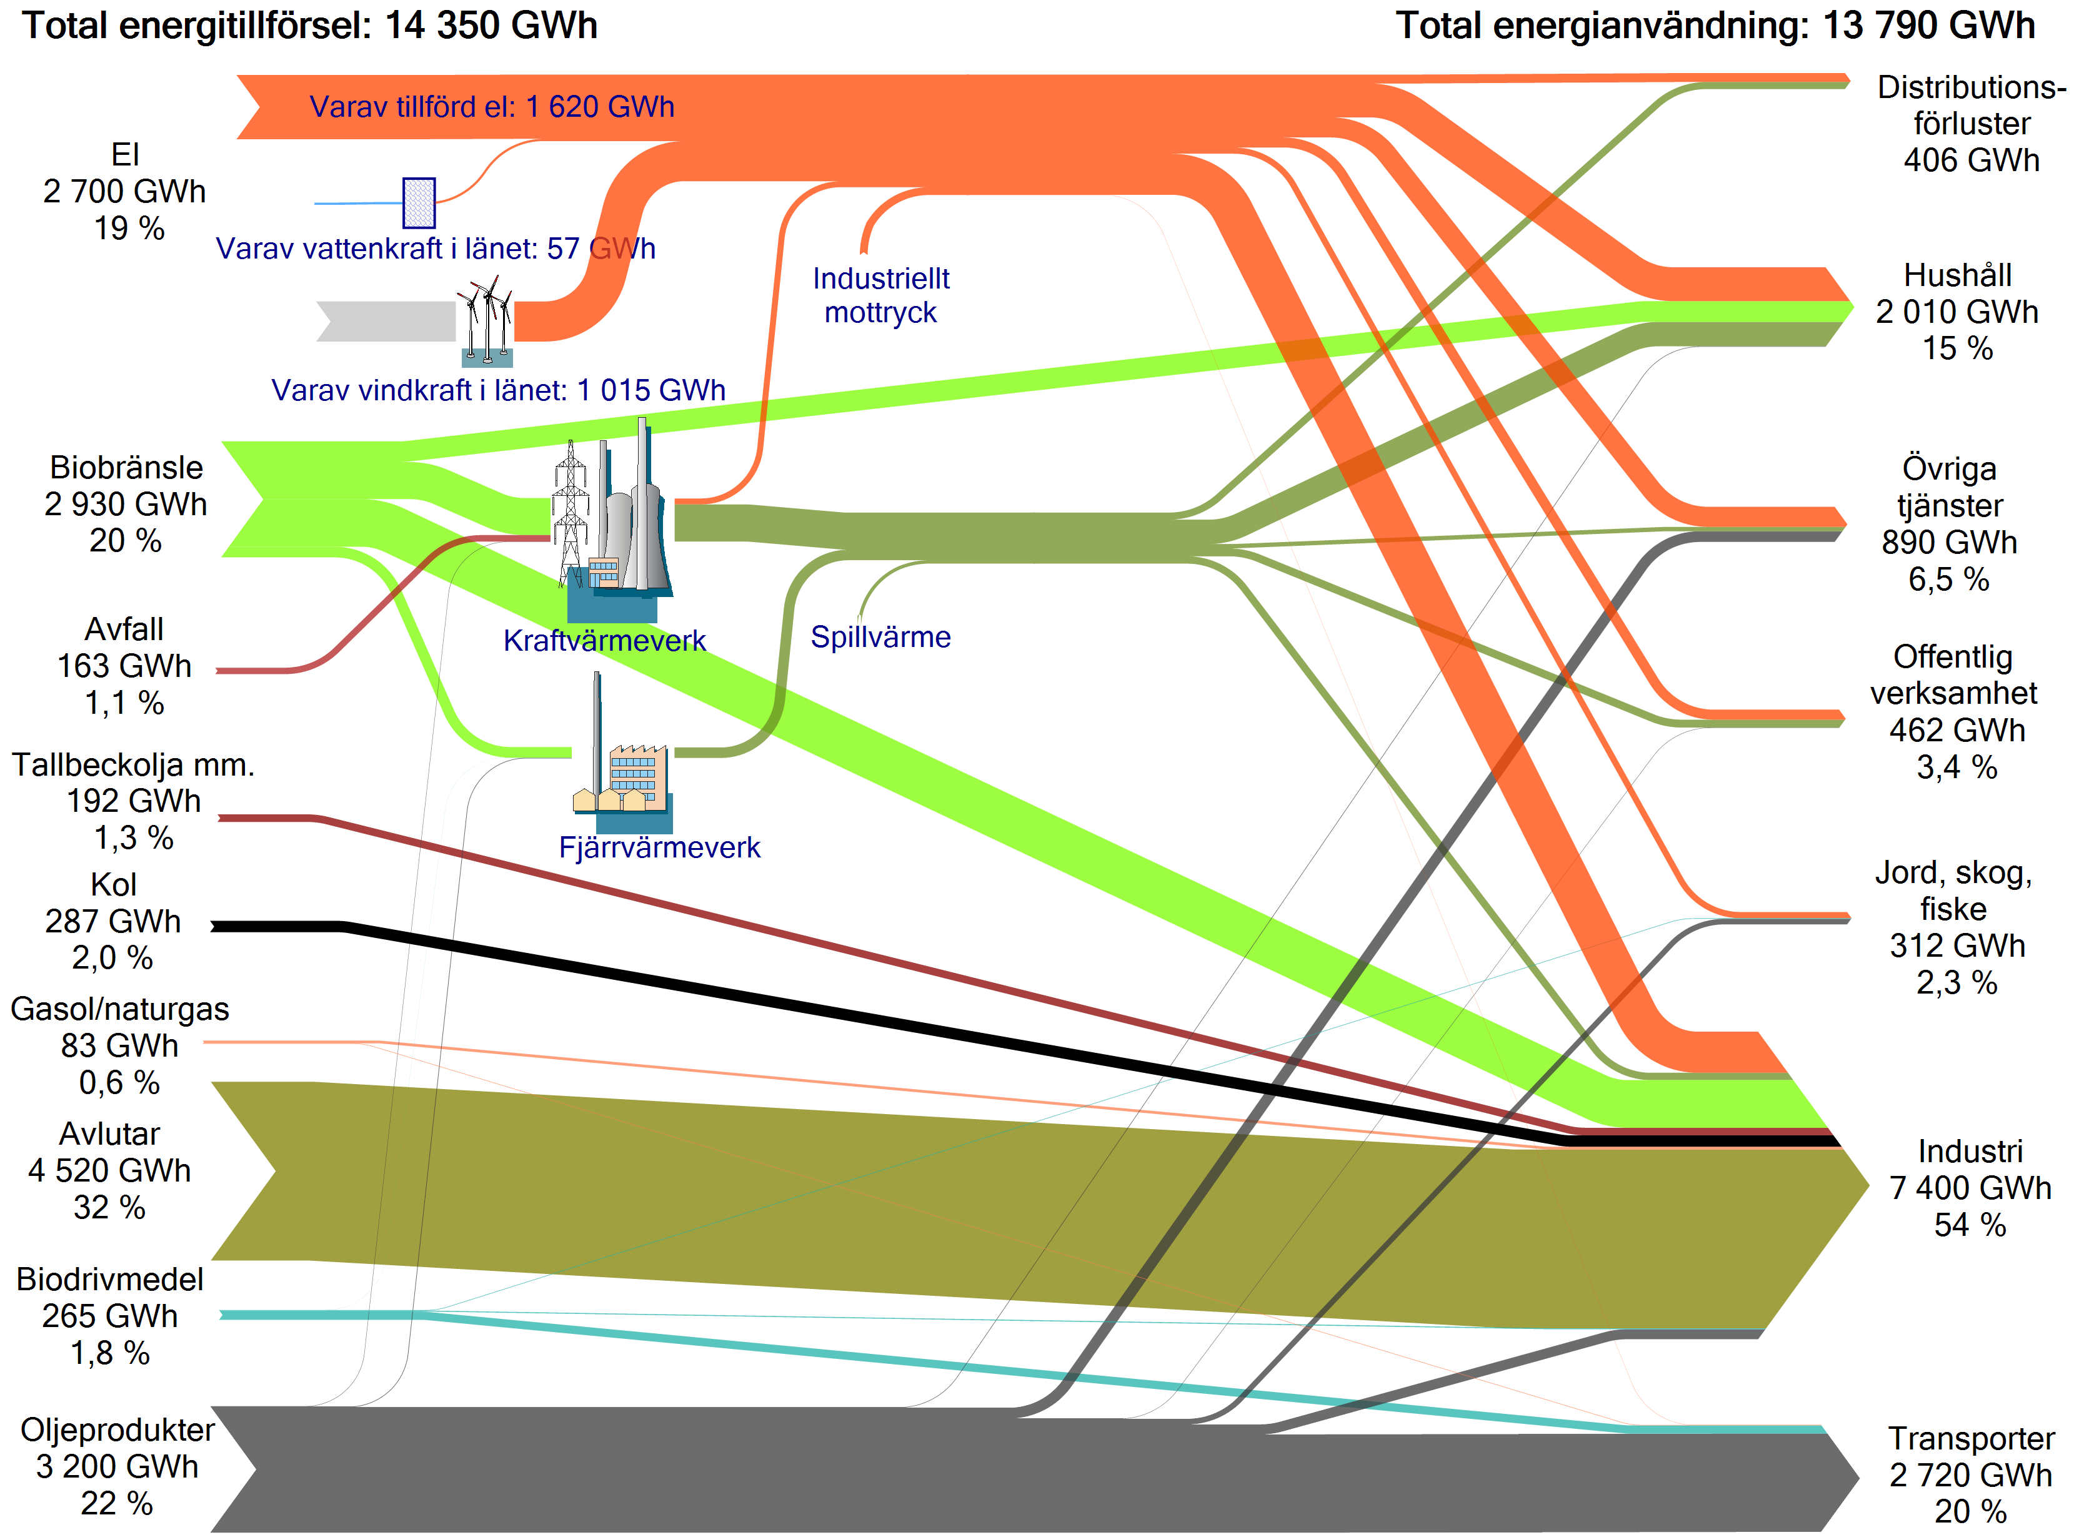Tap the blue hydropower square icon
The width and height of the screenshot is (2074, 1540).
point(419,202)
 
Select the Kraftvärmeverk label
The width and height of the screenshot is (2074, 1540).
point(604,641)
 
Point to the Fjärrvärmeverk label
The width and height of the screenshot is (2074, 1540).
point(659,847)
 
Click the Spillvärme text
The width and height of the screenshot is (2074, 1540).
point(880,637)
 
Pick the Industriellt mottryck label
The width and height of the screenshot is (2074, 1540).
point(880,295)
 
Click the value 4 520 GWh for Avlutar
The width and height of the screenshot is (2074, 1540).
point(109,1170)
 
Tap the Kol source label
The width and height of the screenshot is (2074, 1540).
point(114,884)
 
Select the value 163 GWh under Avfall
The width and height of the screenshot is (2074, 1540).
point(124,666)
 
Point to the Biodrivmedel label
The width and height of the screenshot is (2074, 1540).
point(110,1279)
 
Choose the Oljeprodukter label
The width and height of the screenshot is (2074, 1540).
point(117,1429)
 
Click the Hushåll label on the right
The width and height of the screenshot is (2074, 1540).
point(1957,275)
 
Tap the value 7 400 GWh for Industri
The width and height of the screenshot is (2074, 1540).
point(1970,1188)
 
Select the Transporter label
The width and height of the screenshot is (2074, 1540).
point(1972,1438)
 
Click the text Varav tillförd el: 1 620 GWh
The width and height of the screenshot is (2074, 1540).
point(491,106)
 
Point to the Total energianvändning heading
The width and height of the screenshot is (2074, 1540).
point(1715,25)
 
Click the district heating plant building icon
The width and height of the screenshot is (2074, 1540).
point(622,753)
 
